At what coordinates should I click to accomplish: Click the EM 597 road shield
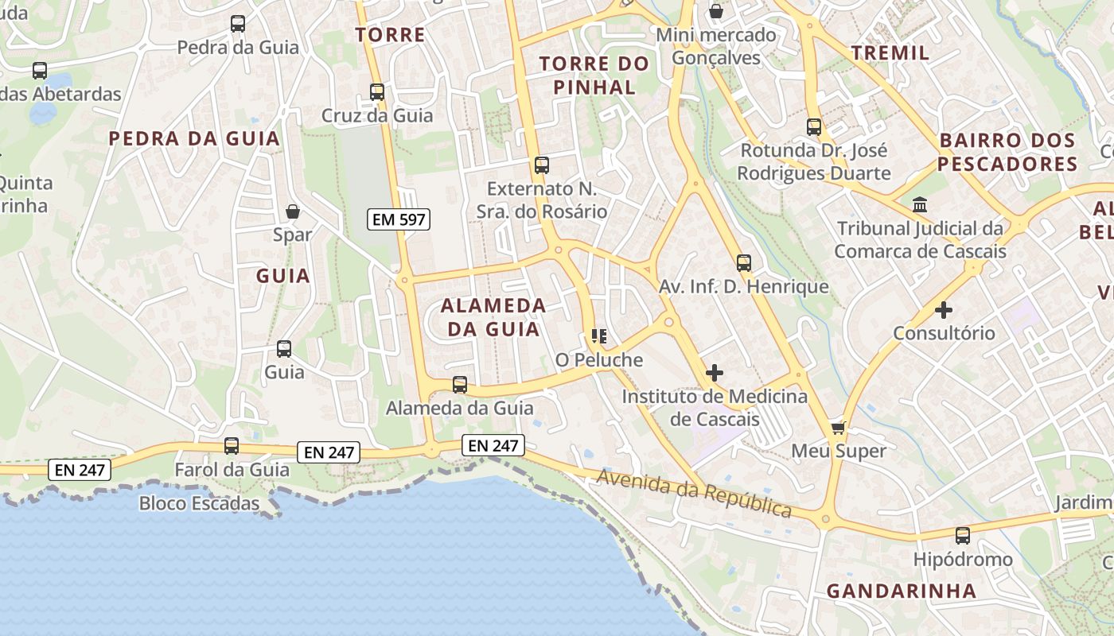coord(399,219)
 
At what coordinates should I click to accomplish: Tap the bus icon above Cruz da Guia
coord(377,92)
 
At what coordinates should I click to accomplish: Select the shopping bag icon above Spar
coord(293,211)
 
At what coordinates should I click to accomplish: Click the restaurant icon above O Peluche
coord(599,336)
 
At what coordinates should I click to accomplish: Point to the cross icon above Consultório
coord(944,309)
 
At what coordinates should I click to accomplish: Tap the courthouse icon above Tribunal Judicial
coord(921,205)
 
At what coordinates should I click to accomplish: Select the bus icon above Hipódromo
coord(963,536)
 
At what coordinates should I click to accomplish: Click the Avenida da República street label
coord(694,493)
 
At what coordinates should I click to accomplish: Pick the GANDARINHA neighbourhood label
coord(901,591)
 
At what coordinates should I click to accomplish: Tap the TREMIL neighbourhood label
coord(890,53)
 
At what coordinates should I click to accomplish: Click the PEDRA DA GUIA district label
coord(194,139)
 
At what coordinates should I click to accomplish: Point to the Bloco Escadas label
coord(199,503)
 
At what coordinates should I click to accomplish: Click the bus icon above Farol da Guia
coord(232,446)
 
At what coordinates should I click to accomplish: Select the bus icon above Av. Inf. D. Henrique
coord(744,263)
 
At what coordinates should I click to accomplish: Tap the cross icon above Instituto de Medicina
coord(715,372)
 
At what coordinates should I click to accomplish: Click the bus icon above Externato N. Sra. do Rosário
coord(542,165)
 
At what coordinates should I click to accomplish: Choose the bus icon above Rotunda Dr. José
coord(814,127)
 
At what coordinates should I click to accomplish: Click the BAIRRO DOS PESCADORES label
coord(1007,153)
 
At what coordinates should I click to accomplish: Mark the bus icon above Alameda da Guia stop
coord(460,385)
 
